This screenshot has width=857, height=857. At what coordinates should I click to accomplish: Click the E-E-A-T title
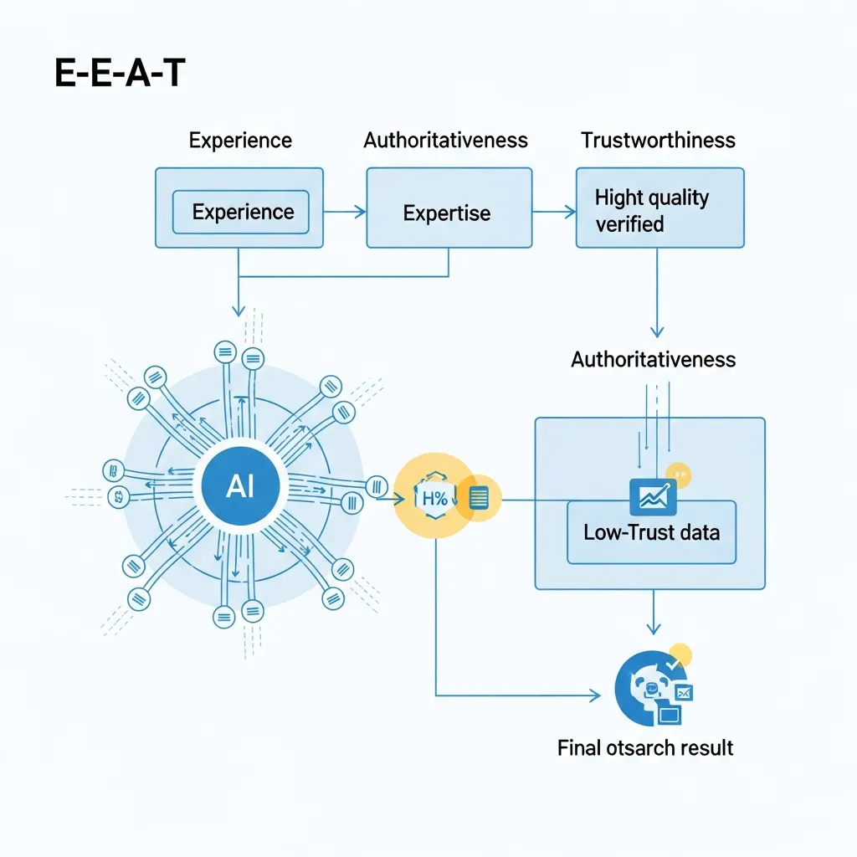[120, 74]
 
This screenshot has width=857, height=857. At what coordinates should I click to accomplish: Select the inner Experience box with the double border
[240, 212]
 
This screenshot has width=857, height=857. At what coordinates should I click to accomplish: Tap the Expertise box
[448, 213]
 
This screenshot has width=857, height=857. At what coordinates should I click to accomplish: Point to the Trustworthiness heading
[658, 140]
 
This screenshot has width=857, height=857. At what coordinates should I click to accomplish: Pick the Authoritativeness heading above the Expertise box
[445, 140]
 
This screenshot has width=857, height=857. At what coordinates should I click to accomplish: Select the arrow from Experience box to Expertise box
[345, 213]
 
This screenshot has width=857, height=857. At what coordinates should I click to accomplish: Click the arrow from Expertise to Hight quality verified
[554, 213]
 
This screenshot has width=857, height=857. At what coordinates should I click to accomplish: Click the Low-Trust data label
[651, 532]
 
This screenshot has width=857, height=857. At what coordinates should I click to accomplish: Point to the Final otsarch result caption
[645, 747]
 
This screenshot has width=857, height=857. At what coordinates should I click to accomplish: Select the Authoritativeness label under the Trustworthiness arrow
[653, 360]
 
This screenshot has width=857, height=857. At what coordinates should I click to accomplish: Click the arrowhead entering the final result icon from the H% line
[595, 695]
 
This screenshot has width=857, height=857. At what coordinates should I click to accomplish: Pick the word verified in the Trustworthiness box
[629, 224]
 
